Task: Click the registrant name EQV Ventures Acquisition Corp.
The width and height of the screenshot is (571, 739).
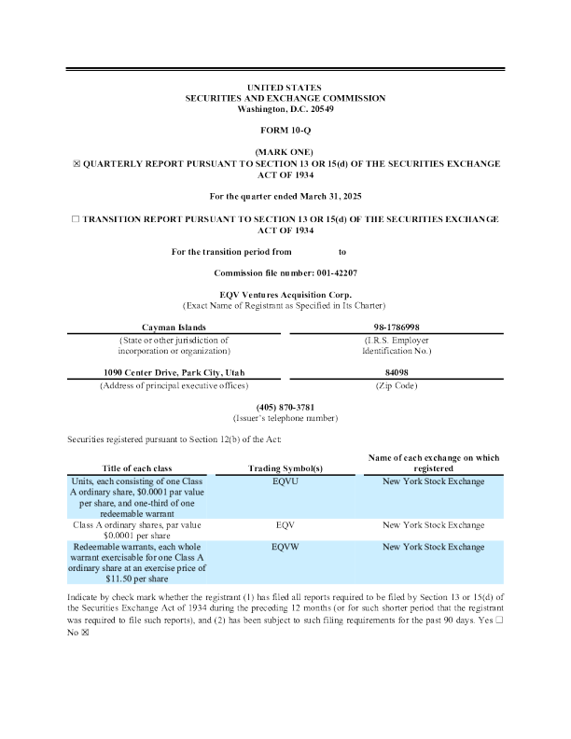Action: [285, 295]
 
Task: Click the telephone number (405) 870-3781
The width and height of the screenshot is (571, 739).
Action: [285, 407]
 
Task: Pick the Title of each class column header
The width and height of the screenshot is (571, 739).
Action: [138, 467]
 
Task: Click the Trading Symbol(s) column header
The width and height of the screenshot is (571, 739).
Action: [285, 467]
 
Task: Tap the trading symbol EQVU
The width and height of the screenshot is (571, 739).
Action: [285, 481]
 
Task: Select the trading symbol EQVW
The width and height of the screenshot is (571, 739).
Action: [285, 545]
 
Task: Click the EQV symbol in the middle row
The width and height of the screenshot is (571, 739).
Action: [285, 525]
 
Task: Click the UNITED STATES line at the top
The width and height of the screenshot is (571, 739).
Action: [285, 87]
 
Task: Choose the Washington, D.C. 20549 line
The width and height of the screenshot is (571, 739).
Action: [285, 109]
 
